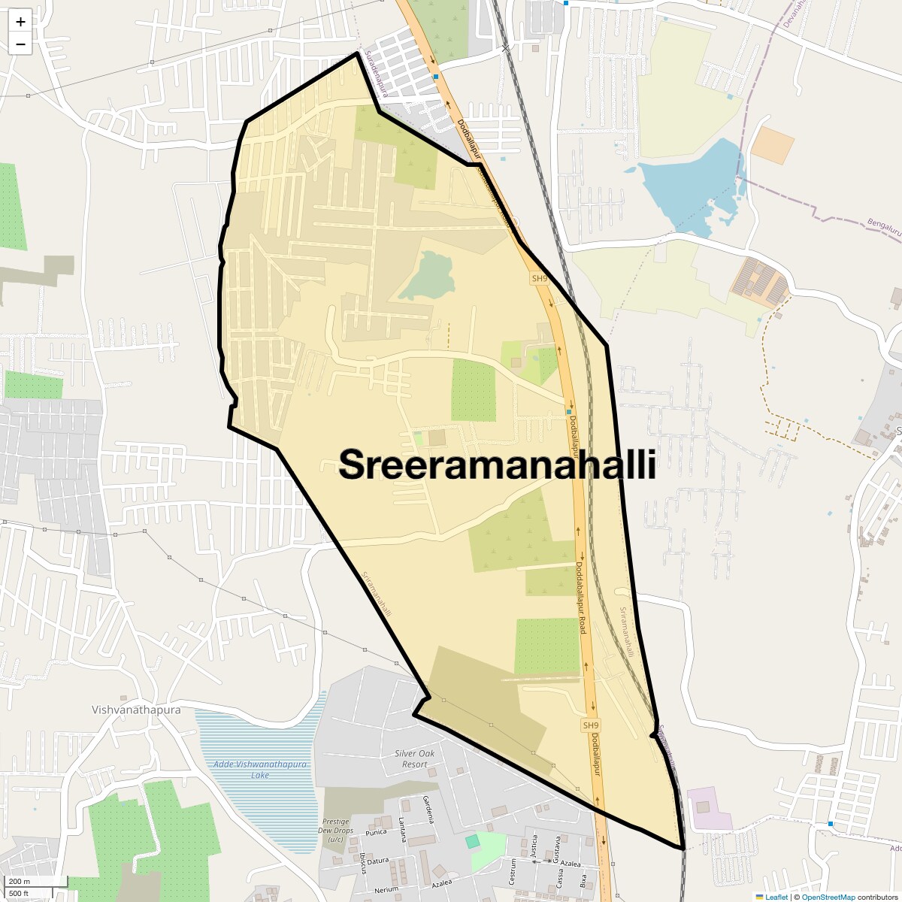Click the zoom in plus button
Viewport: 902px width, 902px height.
(x=20, y=22)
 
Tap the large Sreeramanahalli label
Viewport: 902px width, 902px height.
(x=498, y=465)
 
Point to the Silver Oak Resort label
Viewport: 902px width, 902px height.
(x=414, y=758)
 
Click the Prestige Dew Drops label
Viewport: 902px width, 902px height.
(x=336, y=830)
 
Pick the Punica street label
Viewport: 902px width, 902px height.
(x=376, y=832)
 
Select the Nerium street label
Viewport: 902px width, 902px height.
(x=386, y=890)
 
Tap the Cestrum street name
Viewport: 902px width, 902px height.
(x=512, y=872)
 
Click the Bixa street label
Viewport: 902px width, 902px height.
(x=583, y=880)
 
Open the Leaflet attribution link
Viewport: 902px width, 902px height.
(x=776, y=897)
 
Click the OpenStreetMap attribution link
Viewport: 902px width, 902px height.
(x=828, y=897)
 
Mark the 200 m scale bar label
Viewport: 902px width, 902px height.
(x=20, y=881)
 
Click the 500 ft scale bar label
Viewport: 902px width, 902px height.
(x=20, y=893)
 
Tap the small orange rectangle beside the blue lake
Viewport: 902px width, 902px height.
(x=772, y=146)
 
